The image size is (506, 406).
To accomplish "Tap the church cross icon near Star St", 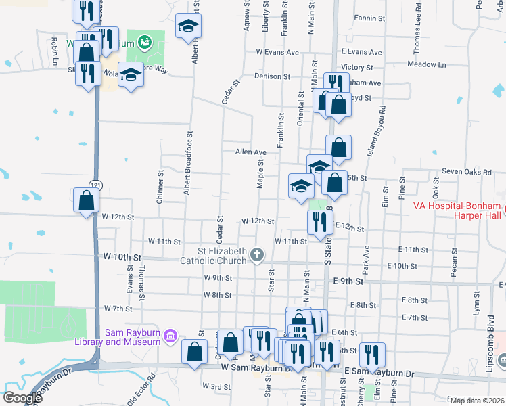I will point(256,254).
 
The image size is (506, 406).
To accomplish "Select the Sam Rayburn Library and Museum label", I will point(133,336).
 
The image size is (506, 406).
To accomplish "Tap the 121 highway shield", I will point(95,185).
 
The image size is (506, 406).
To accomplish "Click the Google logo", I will point(22,397).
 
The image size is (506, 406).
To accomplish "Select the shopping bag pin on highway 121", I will point(87,200).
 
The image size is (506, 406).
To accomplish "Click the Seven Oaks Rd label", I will point(466,172).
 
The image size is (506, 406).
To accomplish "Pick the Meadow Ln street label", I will point(427,65).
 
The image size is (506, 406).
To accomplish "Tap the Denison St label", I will point(272,77).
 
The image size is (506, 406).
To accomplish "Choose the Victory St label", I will point(357,67).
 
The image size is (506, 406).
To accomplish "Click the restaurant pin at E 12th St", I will point(319,221).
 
